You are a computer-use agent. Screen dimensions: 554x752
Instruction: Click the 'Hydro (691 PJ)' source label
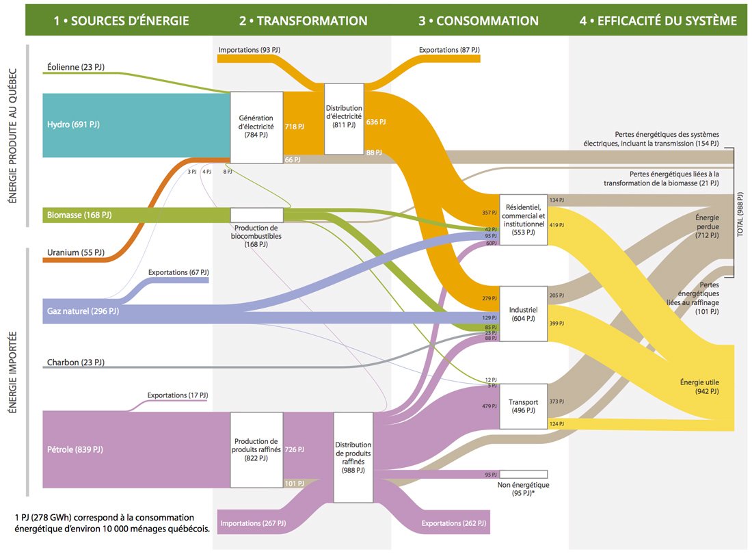click(73, 124)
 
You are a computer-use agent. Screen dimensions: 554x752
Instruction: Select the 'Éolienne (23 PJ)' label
click(75, 68)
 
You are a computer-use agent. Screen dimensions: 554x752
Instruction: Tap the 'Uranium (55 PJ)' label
click(75, 252)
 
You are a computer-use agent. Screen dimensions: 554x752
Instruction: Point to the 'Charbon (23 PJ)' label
click(75, 362)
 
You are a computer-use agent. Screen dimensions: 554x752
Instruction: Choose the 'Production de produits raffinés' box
click(256, 449)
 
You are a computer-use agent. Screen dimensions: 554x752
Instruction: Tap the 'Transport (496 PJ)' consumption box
click(524, 406)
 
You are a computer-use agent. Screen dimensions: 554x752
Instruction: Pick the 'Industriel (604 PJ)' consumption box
click(524, 314)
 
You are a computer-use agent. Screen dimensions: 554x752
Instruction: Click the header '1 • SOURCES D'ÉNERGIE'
click(121, 21)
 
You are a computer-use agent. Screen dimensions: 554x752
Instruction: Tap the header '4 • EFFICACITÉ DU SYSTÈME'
click(658, 21)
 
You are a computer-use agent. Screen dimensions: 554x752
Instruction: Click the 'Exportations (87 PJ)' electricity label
click(449, 51)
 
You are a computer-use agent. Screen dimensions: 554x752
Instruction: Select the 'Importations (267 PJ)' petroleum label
click(253, 524)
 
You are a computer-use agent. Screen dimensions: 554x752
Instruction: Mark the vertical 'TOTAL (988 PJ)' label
click(740, 212)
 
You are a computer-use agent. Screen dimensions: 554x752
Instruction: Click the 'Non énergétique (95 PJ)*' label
click(524, 489)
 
